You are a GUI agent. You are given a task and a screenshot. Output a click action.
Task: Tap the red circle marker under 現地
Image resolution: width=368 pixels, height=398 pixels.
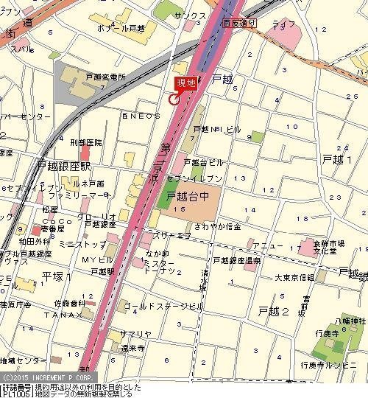(x=174, y=99)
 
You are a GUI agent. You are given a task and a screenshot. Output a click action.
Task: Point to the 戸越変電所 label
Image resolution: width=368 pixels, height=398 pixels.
(x=107, y=77)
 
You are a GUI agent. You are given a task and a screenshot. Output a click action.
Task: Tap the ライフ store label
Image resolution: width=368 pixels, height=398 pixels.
(x=283, y=24)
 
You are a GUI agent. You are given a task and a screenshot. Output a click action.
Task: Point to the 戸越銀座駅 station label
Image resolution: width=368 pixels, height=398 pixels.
(x=63, y=167)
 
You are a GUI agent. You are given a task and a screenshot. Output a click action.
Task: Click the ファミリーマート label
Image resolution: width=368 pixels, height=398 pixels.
(x=79, y=196)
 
